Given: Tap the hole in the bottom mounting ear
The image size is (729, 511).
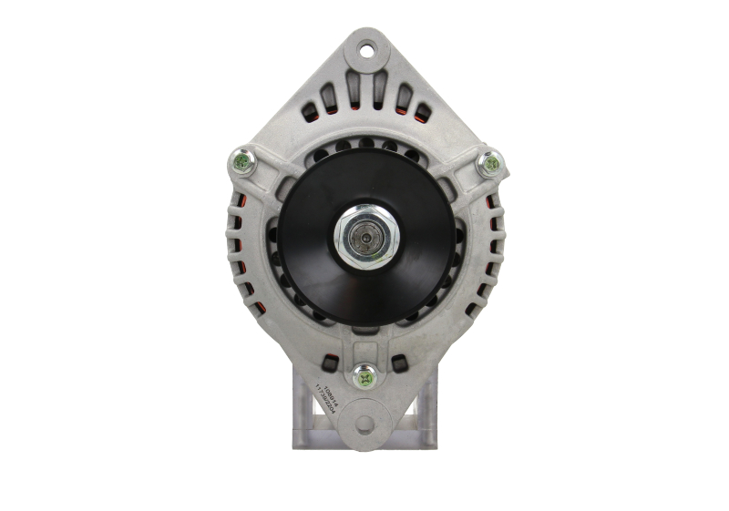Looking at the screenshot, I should tap(365, 424).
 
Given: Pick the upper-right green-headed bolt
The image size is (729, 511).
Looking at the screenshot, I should tap(490, 164).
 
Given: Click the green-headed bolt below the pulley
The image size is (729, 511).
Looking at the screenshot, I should tap(365, 373).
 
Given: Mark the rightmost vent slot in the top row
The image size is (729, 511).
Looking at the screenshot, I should tap(422, 112).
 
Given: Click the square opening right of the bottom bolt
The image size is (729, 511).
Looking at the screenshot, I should tap(399, 363).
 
